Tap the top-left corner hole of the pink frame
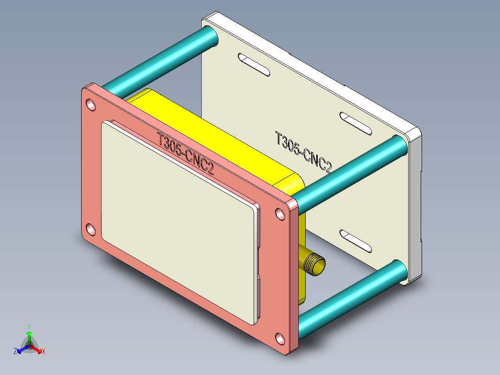point(91,105)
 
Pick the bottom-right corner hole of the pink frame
point(281,339)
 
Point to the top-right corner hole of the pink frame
point(280,214)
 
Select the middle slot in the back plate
point(356,123)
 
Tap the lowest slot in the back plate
point(356,241)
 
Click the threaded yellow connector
point(313,263)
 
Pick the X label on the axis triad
point(44,352)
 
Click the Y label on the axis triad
point(29,326)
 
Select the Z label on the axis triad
point(15,351)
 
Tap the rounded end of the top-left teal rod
point(210,36)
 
